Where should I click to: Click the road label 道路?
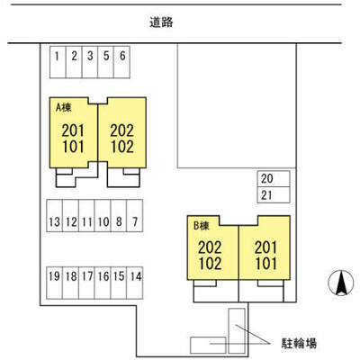[161, 22]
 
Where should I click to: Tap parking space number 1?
[58, 62]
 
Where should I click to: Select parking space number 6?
[121, 62]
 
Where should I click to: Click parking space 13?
[55, 216]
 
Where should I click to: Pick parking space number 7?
[135, 216]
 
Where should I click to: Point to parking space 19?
[55, 283]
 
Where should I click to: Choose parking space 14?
[135, 283]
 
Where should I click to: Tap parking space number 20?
[274, 179]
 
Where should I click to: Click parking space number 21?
[274, 195]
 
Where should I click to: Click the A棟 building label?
[64, 107]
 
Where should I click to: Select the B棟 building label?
[201, 226]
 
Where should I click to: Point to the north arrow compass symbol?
[341, 283]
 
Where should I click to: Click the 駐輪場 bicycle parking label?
[299, 343]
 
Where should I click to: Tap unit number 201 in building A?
[73, 130]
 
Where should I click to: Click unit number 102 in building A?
[122, 147]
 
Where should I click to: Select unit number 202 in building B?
[210, 247]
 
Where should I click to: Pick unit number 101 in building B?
[265, 264]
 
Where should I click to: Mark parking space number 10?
[103, 216]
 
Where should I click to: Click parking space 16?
[103, 283]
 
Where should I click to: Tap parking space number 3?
[90, 62]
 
